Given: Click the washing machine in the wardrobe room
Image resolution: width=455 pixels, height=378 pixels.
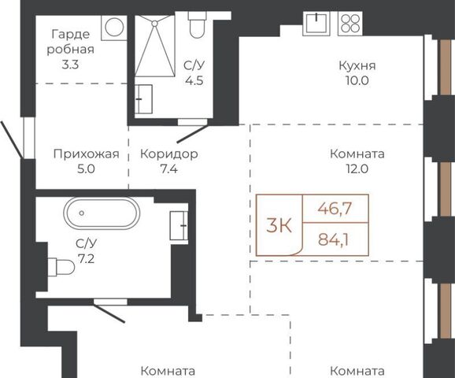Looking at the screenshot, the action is click(x=114, y=28).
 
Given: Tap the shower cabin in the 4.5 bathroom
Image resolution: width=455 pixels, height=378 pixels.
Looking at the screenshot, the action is click(x=155, y=46).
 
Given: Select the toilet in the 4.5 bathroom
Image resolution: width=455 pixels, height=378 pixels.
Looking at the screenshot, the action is click(x=197, y=24).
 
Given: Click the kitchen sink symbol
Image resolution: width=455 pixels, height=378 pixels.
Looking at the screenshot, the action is click(x=316, y=24).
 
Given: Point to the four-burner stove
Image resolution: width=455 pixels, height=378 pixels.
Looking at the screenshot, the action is click(x=350, y=24).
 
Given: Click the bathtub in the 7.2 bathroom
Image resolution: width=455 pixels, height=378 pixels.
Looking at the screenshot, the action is click(x=101, y=213).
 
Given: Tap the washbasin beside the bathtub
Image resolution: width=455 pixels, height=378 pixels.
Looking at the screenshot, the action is click(x=179, y=225).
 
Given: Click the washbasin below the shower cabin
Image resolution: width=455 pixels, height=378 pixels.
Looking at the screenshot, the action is click(x=144, y=99).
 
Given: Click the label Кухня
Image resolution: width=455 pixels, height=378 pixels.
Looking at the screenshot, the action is click(x=357, y=65).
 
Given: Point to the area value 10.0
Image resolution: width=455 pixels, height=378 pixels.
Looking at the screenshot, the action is click(x=357, y=80).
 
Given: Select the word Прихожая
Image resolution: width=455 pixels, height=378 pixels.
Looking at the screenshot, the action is click(x=86, y=154).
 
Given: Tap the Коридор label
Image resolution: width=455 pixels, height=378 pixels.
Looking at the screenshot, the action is click(x=169, y=154).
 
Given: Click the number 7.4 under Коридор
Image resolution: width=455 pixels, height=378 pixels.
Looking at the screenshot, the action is click(x=169, y=169).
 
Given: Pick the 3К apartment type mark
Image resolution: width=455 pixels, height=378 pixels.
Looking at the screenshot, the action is click(x=279, y=225).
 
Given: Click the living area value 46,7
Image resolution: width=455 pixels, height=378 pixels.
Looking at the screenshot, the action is click(x=335, y=208).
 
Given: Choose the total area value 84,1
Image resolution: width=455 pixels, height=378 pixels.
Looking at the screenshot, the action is click(x=334, y=240).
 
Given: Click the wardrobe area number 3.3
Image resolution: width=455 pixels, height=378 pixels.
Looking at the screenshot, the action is click(x=70, y=65).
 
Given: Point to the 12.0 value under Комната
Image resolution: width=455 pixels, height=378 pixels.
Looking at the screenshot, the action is click(x=357, y=169).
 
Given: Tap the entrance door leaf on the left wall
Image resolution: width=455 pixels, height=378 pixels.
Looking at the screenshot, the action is click(x=11, y=140).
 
